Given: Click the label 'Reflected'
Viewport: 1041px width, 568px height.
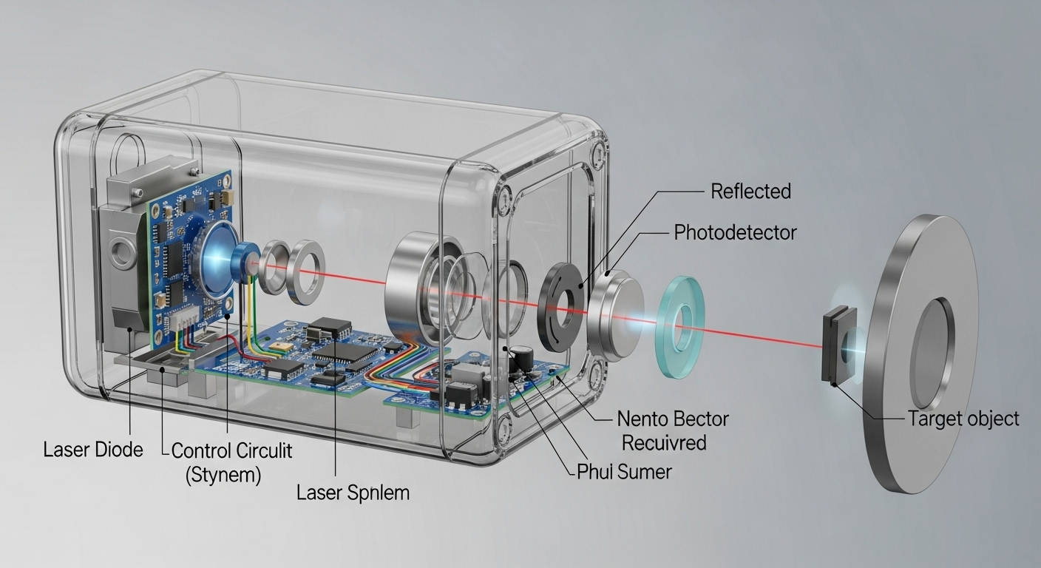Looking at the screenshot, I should pos(750,192).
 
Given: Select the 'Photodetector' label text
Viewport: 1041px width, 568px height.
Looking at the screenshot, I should pos(735,233).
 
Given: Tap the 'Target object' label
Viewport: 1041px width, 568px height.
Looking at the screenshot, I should pos(963,419).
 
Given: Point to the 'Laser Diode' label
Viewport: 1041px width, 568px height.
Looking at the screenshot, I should pos(93,449).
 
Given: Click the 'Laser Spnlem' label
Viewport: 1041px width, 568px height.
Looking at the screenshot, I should pos(353,493).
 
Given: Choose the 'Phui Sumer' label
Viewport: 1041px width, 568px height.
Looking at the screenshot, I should pos(624,471).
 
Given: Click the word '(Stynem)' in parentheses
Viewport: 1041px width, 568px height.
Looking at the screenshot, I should pos(223,474).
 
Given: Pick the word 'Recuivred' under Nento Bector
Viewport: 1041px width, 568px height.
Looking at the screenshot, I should pos(663,443).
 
